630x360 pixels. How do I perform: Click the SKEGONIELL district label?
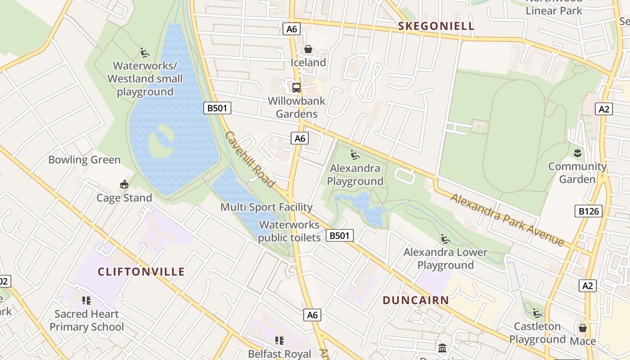point(436,26)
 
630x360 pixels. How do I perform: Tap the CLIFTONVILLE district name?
point(141,271)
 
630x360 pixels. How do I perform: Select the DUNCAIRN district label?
point(416,300)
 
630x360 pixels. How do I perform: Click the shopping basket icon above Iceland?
point(308,49)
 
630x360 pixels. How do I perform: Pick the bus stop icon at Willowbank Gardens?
point(296,88)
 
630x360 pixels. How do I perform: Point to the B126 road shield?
point(588,211)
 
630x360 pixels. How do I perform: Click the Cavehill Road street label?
point(250,159)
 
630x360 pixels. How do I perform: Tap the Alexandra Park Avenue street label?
point(507,220)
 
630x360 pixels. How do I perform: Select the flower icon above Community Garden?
point(577,153)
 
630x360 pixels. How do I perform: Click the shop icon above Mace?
point(583,328)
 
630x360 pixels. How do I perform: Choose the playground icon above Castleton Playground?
point(537,313)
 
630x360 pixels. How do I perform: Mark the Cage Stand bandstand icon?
point(124,184)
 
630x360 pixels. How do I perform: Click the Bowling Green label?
point(84,160)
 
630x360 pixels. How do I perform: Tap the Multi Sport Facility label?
point(266,207)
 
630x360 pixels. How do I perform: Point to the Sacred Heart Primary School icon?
point(86,301)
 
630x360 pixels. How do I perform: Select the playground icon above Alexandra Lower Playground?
point(445,239)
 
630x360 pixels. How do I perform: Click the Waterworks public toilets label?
point(289,231)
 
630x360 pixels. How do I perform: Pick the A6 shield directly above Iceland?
point(292,29)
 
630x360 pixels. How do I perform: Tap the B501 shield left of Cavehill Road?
point(217,108)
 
